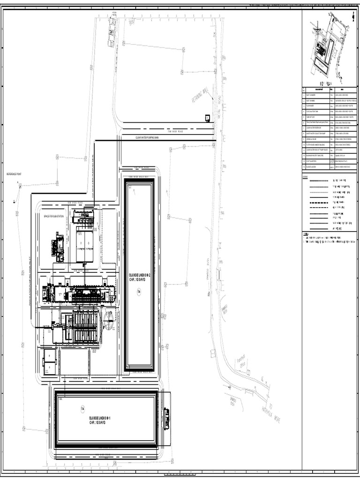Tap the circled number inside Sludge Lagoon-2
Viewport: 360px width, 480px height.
pos(139,292)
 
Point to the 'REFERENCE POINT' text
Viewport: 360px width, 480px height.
pos(14,174)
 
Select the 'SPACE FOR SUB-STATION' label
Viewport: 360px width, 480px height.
pos(53,216)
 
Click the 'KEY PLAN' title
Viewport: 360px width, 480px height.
pos(325,81)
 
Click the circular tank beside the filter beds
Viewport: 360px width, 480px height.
pos(108,322)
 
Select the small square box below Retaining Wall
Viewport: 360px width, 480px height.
pos(207,118)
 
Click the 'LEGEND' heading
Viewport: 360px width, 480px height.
pos(306,176)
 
